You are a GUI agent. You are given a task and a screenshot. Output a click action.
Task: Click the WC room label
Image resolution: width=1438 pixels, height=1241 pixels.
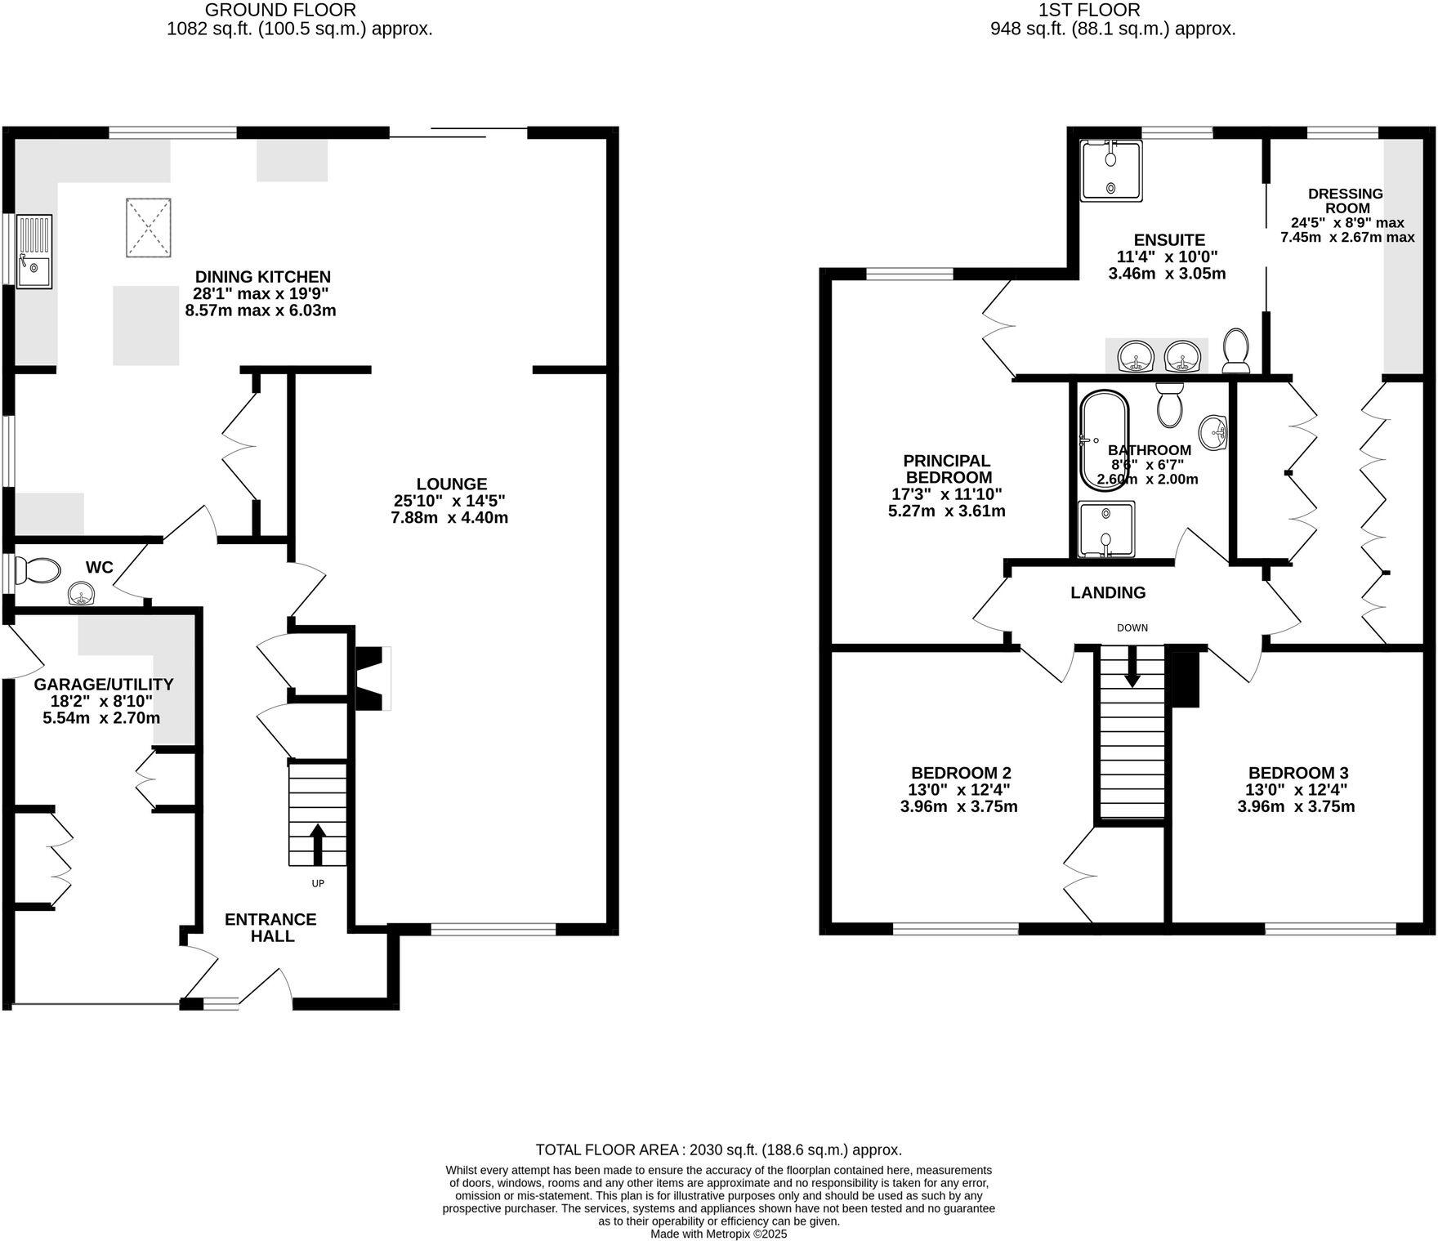click(100, 567)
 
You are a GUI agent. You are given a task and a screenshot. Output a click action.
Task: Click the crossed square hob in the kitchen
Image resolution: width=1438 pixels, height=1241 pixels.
click(148, 227)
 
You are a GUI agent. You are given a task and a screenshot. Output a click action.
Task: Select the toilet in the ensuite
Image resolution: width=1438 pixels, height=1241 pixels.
click(1237, 350)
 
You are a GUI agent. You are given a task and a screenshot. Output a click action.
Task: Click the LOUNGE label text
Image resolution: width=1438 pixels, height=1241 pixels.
click(451, 484)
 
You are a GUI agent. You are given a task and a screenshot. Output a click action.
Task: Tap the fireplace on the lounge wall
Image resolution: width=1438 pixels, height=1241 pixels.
click(372, 677)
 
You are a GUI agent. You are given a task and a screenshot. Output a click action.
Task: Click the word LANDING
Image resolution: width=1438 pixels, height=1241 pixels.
click(1108, 592)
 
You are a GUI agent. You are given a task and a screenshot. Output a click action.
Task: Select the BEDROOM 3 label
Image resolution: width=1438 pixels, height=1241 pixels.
click(1297, 773)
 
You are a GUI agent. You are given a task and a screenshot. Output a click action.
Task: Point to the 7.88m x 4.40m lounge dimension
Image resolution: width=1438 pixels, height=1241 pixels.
click(449, 518)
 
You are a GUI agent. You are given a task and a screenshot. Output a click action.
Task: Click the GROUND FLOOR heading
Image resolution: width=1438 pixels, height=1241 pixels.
click(279, 10)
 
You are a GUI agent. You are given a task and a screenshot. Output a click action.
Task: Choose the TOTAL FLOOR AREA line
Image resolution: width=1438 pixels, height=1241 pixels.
click(718, 1149)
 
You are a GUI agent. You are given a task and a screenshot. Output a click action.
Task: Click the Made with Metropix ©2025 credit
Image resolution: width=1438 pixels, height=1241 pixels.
click(718, 1234)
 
